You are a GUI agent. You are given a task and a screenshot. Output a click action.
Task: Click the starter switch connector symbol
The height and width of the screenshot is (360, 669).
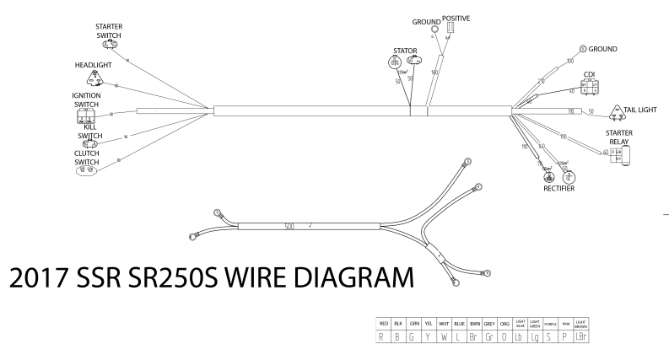pos(108,44)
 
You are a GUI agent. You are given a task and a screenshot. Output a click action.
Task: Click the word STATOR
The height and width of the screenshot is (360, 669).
pos(405,51)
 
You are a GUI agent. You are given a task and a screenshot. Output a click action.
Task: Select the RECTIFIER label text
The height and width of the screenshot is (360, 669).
pos(558,189)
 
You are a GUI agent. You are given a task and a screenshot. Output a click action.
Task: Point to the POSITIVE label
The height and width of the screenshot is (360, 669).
pos(456,19)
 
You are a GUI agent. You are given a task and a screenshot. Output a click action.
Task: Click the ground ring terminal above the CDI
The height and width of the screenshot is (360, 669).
pos(583,48)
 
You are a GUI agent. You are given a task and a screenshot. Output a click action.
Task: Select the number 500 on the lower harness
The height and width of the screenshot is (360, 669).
pos(289,226)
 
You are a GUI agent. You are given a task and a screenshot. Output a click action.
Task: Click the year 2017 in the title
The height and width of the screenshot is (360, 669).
pos(48,277)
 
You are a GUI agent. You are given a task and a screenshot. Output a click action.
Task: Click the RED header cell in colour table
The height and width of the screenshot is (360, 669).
pos(384,324)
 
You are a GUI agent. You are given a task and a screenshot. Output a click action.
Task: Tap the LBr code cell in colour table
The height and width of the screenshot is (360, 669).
pos(580,337)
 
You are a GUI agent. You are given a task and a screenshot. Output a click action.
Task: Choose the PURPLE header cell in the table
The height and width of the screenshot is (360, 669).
pos(550,324)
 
